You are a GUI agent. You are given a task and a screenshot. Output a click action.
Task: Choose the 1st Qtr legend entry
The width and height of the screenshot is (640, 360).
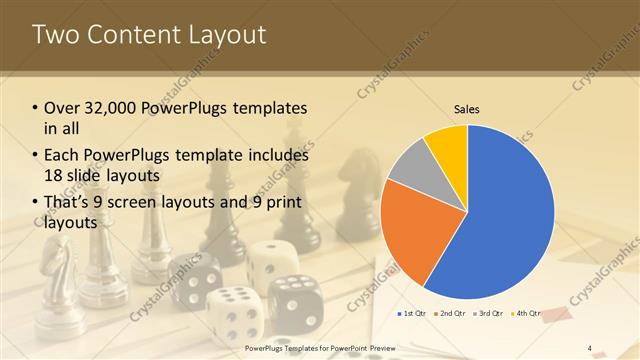click(414, 315)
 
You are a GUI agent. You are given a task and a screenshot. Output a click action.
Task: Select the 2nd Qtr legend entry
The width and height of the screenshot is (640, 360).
click(451, 315)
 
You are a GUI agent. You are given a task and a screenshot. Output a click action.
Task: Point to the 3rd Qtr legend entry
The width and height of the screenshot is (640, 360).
click(489, 315)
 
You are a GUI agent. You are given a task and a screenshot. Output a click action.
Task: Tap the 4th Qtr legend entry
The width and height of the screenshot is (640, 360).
click(526, 315)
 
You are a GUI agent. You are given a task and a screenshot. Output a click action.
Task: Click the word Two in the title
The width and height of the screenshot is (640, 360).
click(54, 34)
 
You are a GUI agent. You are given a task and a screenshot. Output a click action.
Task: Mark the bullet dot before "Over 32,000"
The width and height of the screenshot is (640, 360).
click(36, 108)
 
